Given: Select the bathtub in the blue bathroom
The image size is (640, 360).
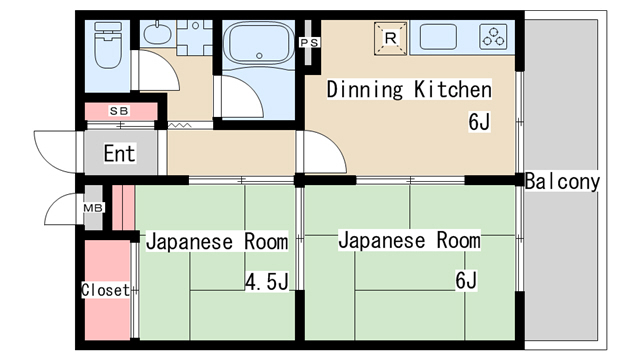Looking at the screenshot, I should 259,45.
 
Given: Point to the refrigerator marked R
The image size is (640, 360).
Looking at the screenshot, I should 392,38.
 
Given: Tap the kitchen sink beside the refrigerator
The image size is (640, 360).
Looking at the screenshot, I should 439,38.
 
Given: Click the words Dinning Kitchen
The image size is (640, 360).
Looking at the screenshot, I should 410,90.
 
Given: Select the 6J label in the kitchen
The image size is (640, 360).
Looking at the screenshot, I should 479,123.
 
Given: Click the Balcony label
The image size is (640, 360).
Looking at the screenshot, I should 562,182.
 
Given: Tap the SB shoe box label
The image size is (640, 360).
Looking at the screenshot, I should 119,110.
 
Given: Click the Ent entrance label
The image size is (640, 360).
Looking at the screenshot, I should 119,154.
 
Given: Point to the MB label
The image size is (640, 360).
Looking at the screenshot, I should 93,208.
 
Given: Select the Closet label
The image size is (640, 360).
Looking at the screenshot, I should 104,290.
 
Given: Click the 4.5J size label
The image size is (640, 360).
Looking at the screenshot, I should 266,281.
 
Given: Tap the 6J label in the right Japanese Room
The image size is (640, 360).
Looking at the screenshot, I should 466,280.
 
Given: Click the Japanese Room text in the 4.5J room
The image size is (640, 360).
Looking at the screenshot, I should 217,242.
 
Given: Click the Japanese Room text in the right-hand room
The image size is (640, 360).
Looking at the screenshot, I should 408,241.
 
